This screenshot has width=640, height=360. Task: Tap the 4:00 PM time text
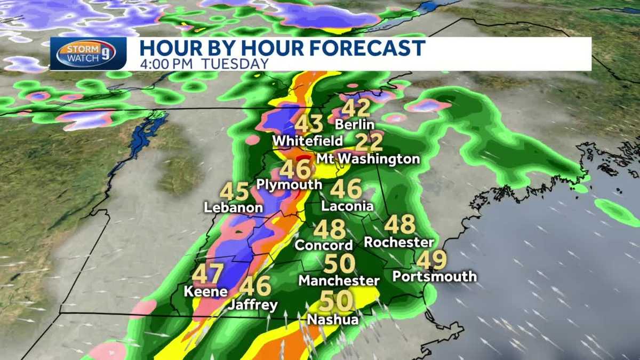click(170, 63)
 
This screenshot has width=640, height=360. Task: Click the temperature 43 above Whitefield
click(309, 124)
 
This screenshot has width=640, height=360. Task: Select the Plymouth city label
click(290, 185)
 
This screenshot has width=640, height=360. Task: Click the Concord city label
click(324, 245)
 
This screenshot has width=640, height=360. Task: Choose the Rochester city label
click(399, 242)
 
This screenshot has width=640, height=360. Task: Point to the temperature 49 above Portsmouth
click(431, 260)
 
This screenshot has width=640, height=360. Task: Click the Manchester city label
click(339, 280)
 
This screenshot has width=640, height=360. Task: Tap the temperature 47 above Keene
click(207, 274)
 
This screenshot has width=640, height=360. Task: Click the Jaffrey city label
click(253, 306)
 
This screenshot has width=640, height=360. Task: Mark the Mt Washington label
click(368, 159)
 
